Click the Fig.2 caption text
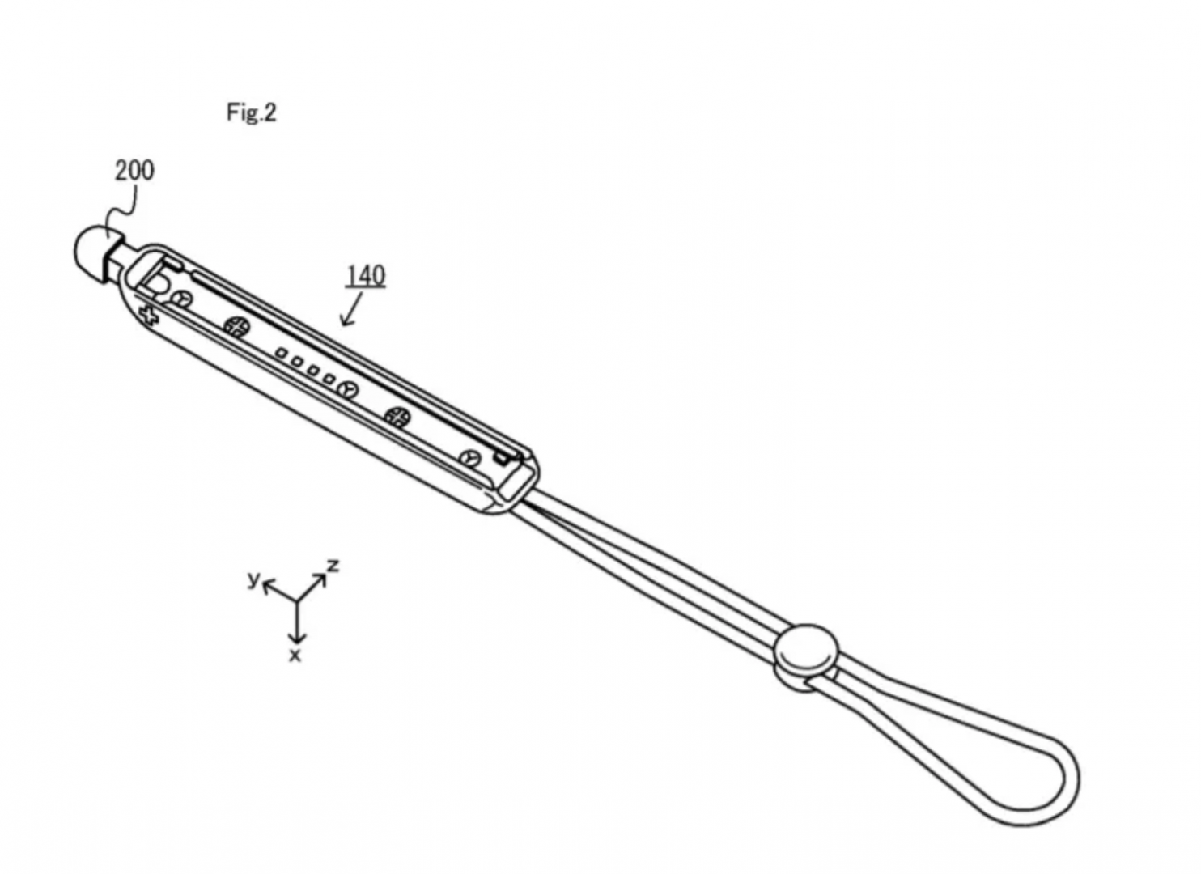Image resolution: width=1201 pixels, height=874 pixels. click(x=252, y=112)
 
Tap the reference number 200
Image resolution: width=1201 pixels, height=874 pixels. click(x=134, y=171)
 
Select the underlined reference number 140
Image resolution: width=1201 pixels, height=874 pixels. click(x=366, y=276)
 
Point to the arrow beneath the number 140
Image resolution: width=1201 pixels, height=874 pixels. click(x=351, y=309)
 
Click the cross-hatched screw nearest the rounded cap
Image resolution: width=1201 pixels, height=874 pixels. click(x=236, y=327)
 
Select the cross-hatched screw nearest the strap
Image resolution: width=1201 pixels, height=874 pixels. click(x=398, y=417)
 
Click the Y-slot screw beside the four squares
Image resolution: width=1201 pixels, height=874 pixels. click(x=349, y=390)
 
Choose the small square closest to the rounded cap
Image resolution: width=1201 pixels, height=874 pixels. click(x=281, y=354)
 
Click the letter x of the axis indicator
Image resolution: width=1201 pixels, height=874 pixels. click(x=295, y=655)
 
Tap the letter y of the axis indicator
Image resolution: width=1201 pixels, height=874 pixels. click(x=253, y=579)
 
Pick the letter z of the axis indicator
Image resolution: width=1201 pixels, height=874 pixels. click(x=333, y=565)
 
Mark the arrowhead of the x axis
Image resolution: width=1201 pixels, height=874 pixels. click(x=297, y=638)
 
